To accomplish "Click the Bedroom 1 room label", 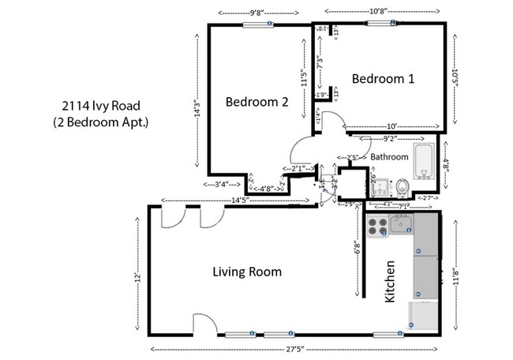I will click(383, 79).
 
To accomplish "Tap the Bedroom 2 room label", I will click(256, 101).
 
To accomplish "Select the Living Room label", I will click(247, 272).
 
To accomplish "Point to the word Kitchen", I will click(389, 283).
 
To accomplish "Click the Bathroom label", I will click(389, 157).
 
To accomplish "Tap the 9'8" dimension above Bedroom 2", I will click(256, 12).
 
